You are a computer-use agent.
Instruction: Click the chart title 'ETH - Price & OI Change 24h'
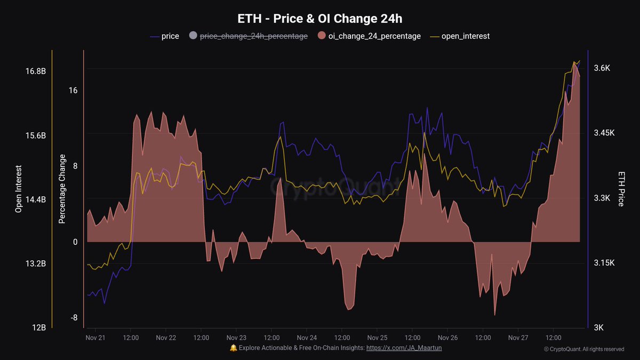320,18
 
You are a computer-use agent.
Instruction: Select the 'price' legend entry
170,36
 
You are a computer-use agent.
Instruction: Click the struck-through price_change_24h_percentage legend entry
253,36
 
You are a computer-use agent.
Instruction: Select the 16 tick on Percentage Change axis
73,91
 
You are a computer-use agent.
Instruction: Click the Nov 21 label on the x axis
95,338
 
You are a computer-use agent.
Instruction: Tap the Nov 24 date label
307,338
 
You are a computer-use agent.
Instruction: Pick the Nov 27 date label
518,338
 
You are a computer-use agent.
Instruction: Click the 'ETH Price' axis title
621,189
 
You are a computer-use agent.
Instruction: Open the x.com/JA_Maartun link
404,348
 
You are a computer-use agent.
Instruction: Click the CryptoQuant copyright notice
583,349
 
